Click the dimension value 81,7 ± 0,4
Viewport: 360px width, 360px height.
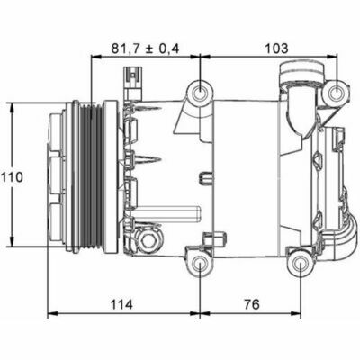click(x=146, y=49)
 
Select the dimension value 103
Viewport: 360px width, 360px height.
click(x=276, y=49)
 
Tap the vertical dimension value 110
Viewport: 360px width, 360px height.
click(x=12, y=177)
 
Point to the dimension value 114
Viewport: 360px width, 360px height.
click(x=121, y=305)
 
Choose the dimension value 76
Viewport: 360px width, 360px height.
click(x=251, y=305)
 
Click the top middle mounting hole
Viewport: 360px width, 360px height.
click(x=200, y=92)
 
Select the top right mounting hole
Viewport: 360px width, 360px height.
click(x=336, y=93)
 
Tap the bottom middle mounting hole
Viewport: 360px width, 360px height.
click(x=200, y=264)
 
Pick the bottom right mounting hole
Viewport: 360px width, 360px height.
click(x=301, y=264)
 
